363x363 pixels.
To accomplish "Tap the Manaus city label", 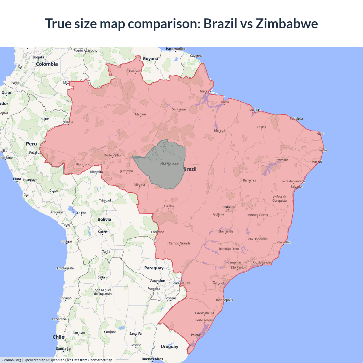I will click(x=141, y=114).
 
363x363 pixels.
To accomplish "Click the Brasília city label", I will click(x=228, y=207).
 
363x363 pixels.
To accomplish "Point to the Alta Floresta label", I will click(x=169, y=164).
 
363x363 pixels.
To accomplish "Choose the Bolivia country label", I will click(x=104, y=220).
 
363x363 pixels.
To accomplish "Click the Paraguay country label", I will click(x=154, y=268).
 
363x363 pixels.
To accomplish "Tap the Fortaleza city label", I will click(x=296, y=119).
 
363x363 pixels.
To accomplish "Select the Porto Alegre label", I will click(x=204, y=320).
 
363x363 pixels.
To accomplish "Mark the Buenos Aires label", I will click(x=152, y=359).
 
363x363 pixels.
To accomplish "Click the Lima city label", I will click(x=17, y=179).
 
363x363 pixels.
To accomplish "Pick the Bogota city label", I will click(x=38, y=57).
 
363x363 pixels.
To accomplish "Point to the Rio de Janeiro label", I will click(x=262, y=262).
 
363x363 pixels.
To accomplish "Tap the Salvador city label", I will click(x=297, y=187).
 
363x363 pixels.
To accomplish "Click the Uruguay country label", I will click(x=169, y=347).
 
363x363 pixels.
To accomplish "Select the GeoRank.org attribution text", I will click(x=11, y=360).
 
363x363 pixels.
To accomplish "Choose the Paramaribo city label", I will click(x=176, y=49).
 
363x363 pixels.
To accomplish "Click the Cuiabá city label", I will click(x=169, y=206).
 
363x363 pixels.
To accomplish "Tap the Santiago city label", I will click(x=63, y=349).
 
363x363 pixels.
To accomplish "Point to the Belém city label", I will click(x=224, y=102).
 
